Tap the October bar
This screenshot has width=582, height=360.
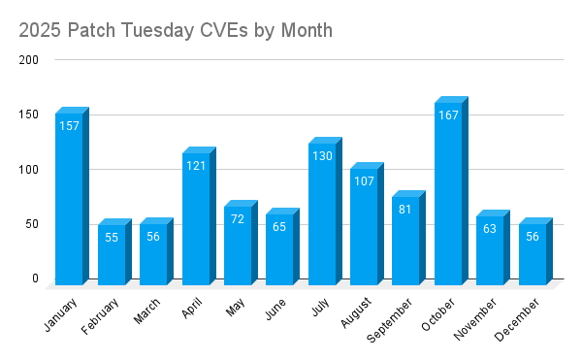[448, 194]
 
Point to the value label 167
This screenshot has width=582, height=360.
[448, 115]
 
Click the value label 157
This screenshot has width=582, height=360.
[69, 125]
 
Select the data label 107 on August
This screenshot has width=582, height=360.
[364, 180]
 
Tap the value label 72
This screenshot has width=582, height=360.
[238, 218]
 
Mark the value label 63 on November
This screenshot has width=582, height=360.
[490, 229]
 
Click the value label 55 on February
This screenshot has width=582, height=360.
[112, 237]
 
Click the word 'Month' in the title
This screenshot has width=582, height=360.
[304, 30]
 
